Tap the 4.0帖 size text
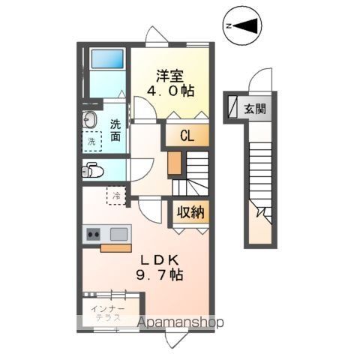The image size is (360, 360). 171,91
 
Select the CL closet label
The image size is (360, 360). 187,136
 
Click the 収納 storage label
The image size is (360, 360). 190,211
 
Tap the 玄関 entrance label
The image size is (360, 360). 254,109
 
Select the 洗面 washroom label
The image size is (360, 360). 115,130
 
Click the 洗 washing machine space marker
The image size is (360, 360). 91,141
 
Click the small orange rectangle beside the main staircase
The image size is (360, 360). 174,163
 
